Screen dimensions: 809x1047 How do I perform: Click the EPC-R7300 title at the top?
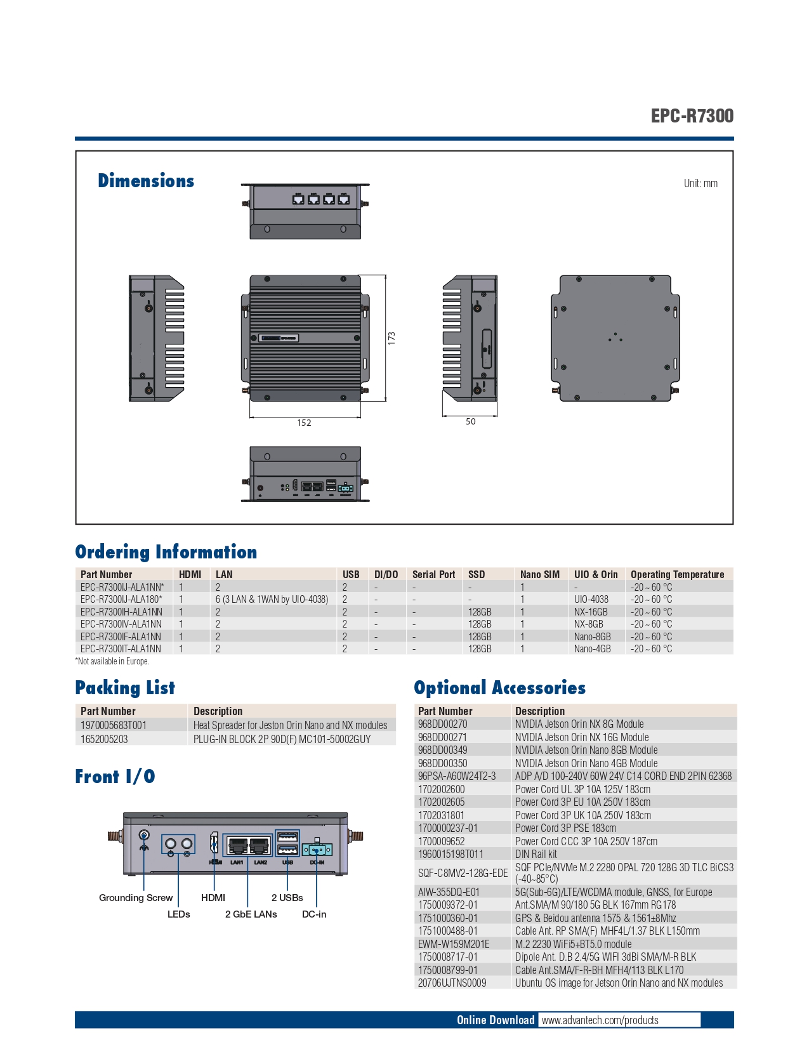tap(692, 115)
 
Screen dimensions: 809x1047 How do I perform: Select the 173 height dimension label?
tap(391, 338)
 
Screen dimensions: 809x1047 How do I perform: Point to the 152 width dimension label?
tap(304, 423)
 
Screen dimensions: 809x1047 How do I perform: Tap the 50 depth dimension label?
tap(471, 421)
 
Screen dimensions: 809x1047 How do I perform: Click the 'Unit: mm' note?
tap(700, 183)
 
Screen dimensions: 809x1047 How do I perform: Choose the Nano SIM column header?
tap(540, 574)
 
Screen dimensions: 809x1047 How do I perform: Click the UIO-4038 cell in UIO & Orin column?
tap(591, 600)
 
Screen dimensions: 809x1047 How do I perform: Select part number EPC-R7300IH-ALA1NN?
tap(121, 612)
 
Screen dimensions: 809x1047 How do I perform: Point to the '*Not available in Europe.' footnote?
tap(112, 661)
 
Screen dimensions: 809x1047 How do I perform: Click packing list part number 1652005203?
tap(104, 739)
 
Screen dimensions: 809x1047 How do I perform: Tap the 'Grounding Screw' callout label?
tap(135, 898)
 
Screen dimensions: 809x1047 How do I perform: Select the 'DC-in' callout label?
tap(313, 914)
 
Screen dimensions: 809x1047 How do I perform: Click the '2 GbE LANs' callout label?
tap(251, 914)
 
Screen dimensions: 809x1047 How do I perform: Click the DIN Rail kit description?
tap(536, 854)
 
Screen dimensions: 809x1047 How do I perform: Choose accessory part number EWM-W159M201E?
tap(454, 944)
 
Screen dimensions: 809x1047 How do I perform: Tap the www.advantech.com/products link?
tap(600, 1020)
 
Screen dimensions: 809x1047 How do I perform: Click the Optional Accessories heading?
tap(499, 688)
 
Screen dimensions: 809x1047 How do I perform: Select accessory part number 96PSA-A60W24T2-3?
tap(457, 776)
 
